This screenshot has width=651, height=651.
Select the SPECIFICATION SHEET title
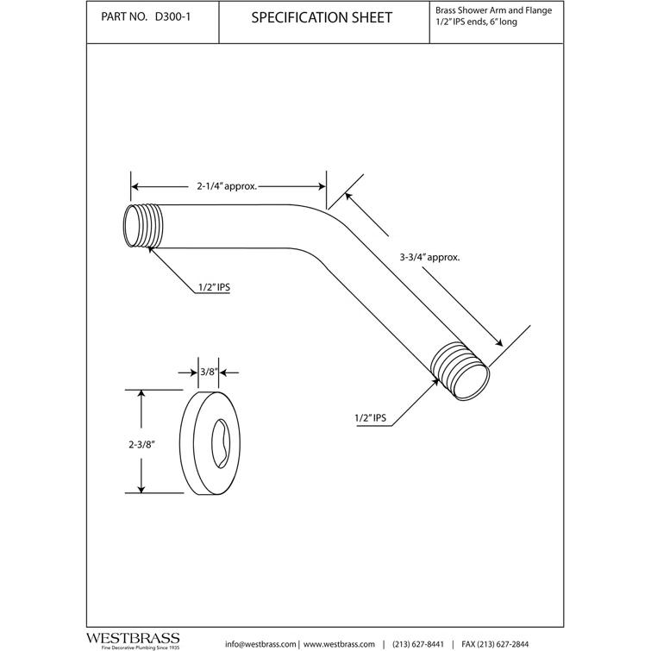(321, 18)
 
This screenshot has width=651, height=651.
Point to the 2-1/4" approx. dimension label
(228, 185)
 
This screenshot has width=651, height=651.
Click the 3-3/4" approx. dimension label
(429, 257)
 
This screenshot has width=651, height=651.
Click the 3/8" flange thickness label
(207, 372)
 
